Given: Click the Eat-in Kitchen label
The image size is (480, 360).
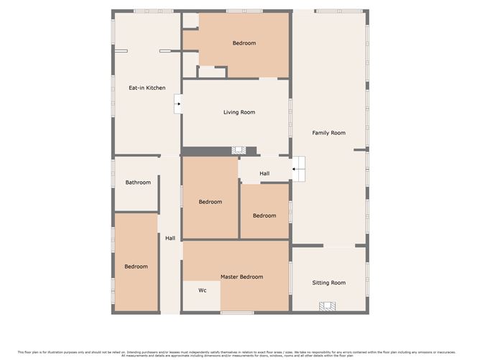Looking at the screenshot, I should tap(147, 88).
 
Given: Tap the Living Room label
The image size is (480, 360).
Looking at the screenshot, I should tap(239, 112).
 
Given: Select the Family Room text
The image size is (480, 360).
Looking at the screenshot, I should tap(328, 133).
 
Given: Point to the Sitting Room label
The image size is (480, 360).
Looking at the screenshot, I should tap(328, 283).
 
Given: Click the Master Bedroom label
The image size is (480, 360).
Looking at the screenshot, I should tap(241, 277).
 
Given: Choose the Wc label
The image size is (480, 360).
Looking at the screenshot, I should tap(203, 290).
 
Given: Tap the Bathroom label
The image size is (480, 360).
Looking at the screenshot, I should tap(138, 183).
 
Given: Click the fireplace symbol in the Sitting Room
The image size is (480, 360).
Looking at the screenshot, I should tap(328, 306).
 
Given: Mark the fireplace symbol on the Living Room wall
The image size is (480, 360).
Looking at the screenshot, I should tap(239, 150).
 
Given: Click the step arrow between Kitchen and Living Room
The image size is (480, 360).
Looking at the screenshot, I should tap(177, 106).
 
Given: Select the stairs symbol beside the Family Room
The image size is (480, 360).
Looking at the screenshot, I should tap(299, 169).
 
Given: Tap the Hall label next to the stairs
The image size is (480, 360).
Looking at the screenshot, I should tap(264, 174).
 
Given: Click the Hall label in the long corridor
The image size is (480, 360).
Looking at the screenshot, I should tap(170, 239).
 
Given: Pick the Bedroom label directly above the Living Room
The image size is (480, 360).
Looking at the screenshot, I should tap(244, 43).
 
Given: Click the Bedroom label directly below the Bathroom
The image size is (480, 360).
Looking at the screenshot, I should tap(136, 267).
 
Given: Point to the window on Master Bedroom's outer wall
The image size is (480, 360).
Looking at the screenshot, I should tap(237, 313).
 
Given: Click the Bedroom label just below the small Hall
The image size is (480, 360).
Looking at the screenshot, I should tap(264, 216).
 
